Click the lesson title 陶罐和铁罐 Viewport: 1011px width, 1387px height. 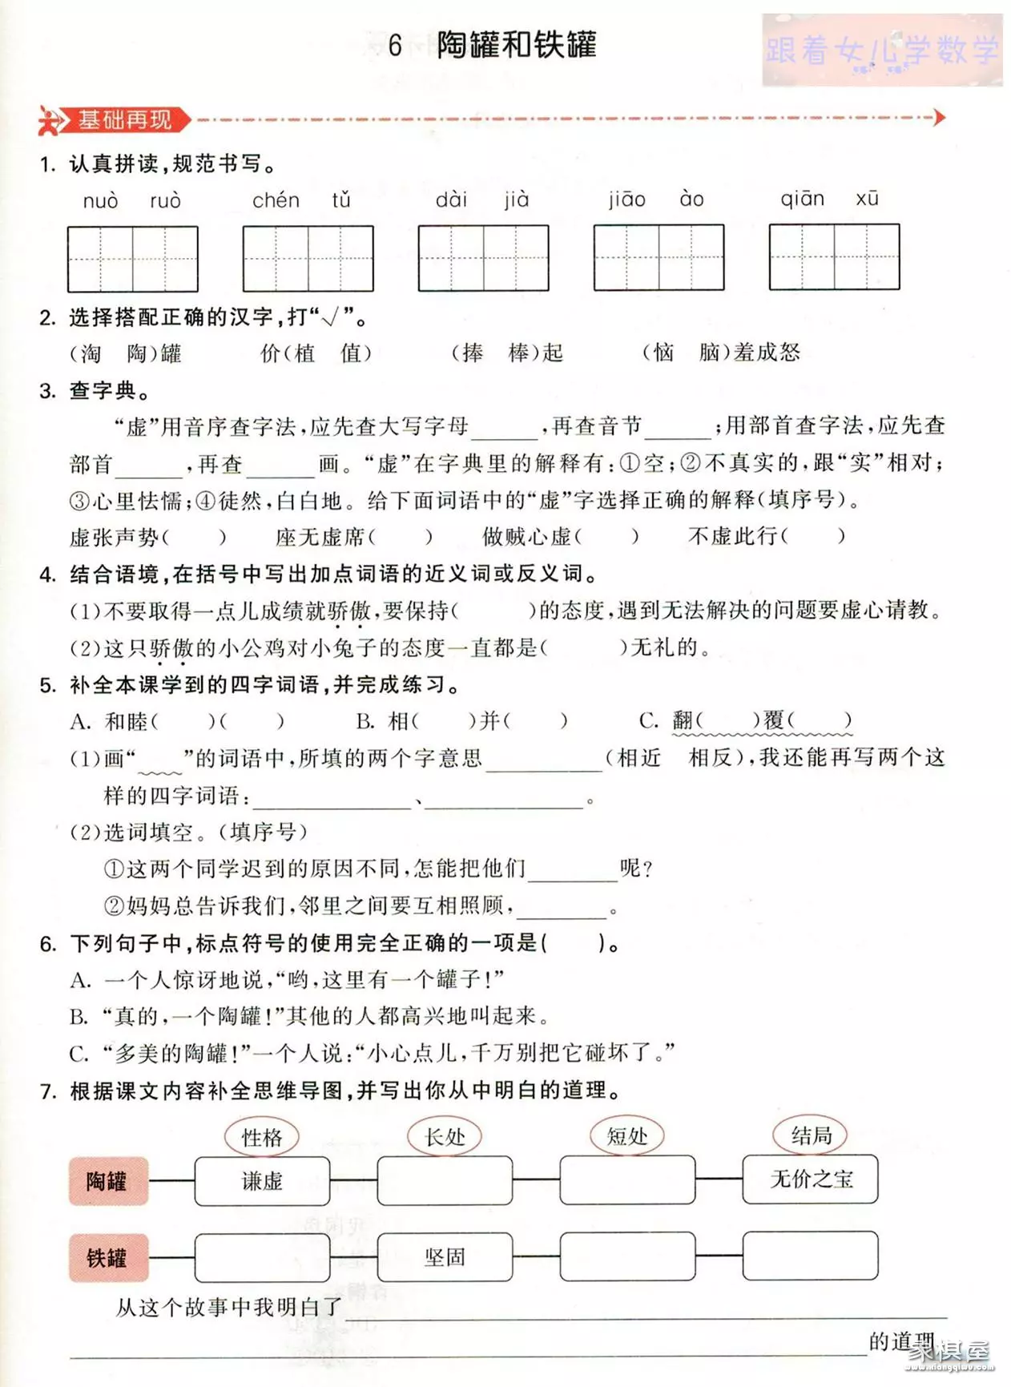tap(516, 45)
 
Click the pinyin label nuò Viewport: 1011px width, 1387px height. tap(100, 201)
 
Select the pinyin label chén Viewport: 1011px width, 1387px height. tap(276, 200)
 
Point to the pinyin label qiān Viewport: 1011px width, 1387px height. tap(802, 199)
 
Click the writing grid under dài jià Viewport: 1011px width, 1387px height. tap(483, 258)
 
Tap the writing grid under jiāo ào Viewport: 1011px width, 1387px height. tap(659, 257)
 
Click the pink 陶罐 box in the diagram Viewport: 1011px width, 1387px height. tap(108, 1181)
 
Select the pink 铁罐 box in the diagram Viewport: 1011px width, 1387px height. tap(108, 1257)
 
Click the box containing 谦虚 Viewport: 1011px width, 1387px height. tap(262, 1181)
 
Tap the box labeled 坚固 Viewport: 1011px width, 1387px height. tap(445, 1256)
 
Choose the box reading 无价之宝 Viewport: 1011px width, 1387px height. tap(810, 1179)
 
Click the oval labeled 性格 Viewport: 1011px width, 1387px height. tap(261, 1137)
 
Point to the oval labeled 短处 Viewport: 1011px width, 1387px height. tap(626, 1135)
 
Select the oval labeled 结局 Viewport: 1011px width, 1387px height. tap(810, 1135)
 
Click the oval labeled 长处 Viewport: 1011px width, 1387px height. tap(444, 1136)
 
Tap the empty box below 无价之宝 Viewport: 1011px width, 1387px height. tap(810, 1256)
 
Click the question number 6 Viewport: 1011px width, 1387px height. tap(47, 944)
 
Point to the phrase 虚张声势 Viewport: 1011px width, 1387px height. tap(114, 537)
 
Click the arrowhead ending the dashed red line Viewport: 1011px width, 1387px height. tap(939, 118)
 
